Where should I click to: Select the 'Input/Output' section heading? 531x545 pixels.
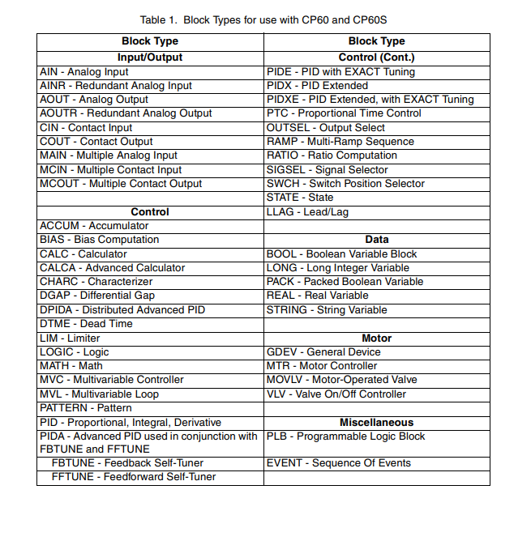[150, 57]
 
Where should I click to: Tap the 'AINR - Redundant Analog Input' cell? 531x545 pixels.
[116, 86]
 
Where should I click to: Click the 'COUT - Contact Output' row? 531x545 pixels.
[96, 142]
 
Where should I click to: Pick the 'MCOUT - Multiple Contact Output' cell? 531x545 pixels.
[121, 184]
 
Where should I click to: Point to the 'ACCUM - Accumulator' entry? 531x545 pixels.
[94, 226]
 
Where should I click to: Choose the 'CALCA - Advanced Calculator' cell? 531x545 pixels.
[113, 268]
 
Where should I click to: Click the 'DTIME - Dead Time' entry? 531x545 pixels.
[86, 324]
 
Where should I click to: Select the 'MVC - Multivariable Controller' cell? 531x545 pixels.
[112, 380]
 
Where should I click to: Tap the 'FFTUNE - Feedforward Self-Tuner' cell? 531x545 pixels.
[134, 477]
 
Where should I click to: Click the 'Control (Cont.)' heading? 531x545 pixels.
[376, 57]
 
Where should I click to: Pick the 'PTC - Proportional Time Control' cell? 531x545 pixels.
[344, 113]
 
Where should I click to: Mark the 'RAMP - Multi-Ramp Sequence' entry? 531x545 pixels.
[340, 142]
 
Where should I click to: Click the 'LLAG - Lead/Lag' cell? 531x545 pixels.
[307, 212]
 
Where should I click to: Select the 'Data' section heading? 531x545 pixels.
[376, 240]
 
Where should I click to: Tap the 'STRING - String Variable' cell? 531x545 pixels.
[327, 310]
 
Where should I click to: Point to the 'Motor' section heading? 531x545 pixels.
[376, 338]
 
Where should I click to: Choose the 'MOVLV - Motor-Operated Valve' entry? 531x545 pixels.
[341, 380]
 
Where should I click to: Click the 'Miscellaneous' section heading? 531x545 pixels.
[376, 423]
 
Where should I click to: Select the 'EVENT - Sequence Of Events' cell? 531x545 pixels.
[338, 463]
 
